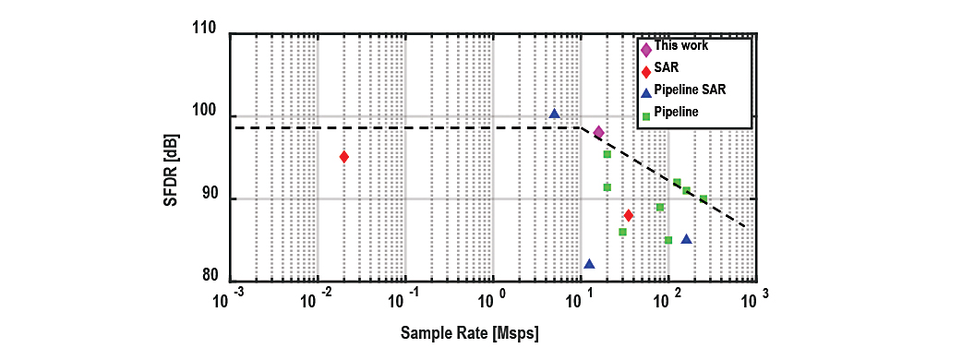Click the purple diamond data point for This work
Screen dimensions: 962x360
pyautogui.click(x=599, y=133)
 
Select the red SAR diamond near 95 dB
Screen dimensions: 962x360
pyautogui.click(x=344, y=156)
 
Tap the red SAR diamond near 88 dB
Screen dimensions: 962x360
pyautogui.click(x=628, y=215)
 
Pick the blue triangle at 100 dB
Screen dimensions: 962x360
pyautogui.click(x=555, y=114)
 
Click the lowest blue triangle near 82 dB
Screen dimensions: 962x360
pyautogui.click(x=590, y=264)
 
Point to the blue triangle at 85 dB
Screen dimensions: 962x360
pyautogui.click(x=687, y=239)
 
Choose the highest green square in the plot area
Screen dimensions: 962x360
pyautogui.click(x=607, y=154)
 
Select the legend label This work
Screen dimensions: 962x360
pyautogui.click(x=681, y=45)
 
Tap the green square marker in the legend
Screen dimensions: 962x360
pyautogui.click(x=644, y=113)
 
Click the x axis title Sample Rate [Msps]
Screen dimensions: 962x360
pyautogui.click(x=470, y=334)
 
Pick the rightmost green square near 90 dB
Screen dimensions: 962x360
pyautogui.click(x=703, y=198)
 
